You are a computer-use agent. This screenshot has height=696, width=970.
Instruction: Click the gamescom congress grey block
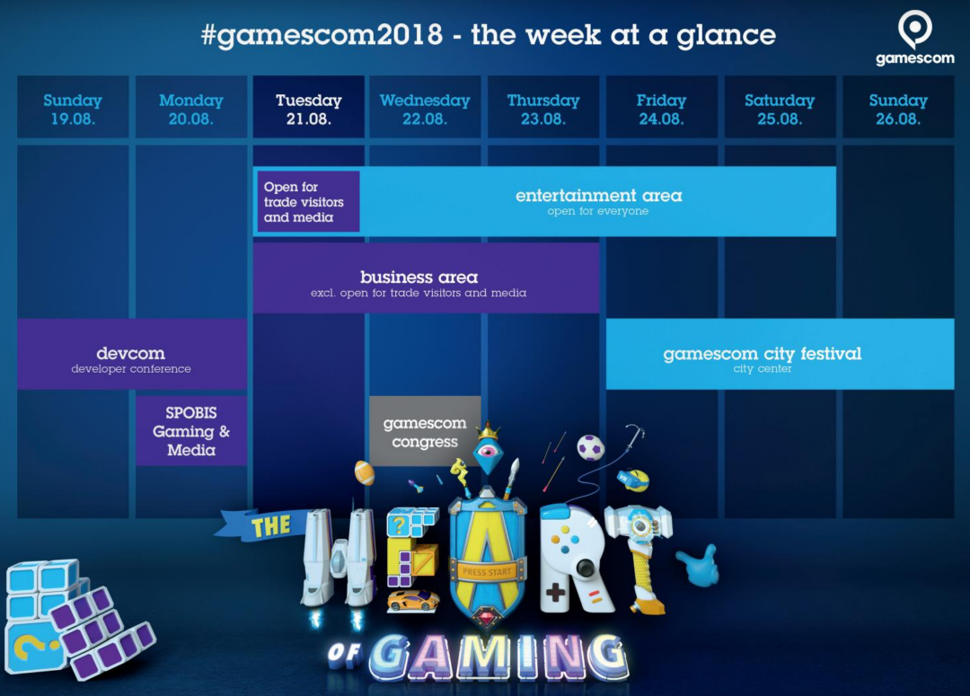(x=425, y=431)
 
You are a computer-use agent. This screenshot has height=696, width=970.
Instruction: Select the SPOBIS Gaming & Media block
(x=191, y=431)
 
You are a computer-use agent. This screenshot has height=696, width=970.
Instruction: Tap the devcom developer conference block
(x=132, y=354)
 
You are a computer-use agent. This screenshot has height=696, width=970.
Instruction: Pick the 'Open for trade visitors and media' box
(x=308, y=202)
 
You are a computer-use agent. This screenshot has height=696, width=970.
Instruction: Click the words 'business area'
(x=419, y=278)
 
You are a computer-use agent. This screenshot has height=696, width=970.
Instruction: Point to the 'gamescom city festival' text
(x=763, y=354)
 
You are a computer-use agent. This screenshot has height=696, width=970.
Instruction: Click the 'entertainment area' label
(x=599, y=196)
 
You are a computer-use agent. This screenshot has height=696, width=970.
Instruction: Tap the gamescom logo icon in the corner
(x=915, y=31)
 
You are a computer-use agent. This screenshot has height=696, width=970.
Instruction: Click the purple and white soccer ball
(x=590, y=447)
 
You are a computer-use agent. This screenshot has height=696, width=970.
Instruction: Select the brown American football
(x=365, y=472)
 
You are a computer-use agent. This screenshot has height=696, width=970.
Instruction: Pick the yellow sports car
(x=412, y=600)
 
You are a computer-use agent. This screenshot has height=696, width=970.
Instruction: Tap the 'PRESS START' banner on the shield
(x=487, y=572)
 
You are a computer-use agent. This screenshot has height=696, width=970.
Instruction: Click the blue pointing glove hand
(x=699, y=564)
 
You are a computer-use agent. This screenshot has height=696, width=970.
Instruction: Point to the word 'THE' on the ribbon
(x=270, y=526)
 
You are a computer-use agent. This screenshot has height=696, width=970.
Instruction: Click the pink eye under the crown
(x=488, y=451)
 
